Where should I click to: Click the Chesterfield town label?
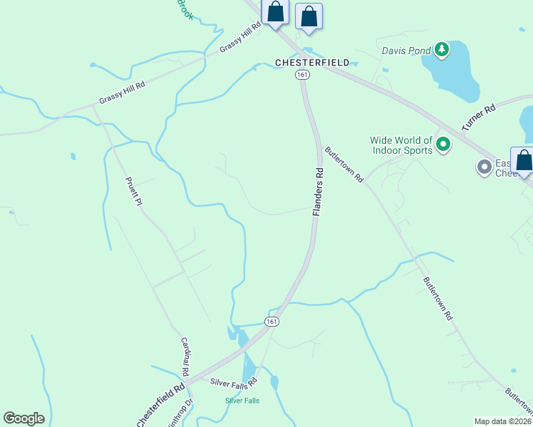pos(312,63)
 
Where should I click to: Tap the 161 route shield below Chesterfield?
pos(304,75)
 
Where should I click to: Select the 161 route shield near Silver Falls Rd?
pos(271,322)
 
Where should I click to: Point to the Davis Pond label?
pos(406,51)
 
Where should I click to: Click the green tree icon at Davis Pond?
pos(443,49)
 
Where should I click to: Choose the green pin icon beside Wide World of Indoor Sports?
pos(443,146)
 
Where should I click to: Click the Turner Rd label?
pos(478,117)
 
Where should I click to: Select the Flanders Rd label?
pos(319,192)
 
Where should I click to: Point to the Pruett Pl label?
pos(134,191)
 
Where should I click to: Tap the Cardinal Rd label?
pos(184,357)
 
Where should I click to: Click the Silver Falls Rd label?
pos(234,382)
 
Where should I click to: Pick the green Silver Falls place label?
pos(242,401)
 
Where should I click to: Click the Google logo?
pos(24,418)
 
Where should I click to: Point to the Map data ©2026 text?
pos(502,421)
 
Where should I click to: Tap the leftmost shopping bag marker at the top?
pos(276,13)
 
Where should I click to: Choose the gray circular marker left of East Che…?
pos(485,167)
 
